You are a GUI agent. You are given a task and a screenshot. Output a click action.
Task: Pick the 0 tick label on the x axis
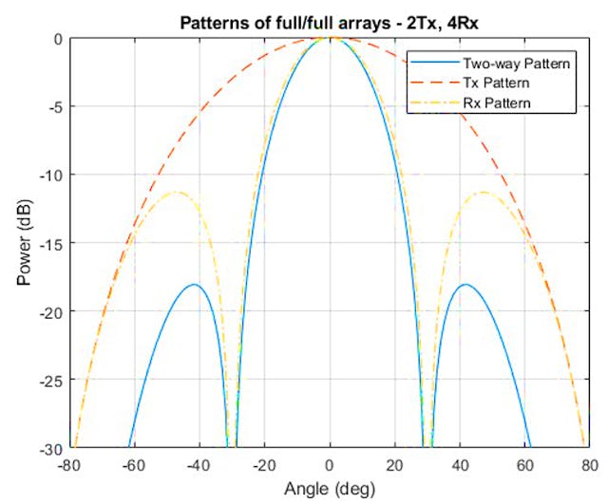330,466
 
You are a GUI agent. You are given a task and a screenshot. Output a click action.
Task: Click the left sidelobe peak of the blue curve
193,284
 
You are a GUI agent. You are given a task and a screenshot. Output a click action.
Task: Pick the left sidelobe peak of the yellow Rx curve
176,192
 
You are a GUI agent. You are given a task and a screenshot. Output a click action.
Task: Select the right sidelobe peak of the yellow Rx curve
484,192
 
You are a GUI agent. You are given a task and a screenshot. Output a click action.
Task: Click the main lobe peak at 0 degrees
330,39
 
